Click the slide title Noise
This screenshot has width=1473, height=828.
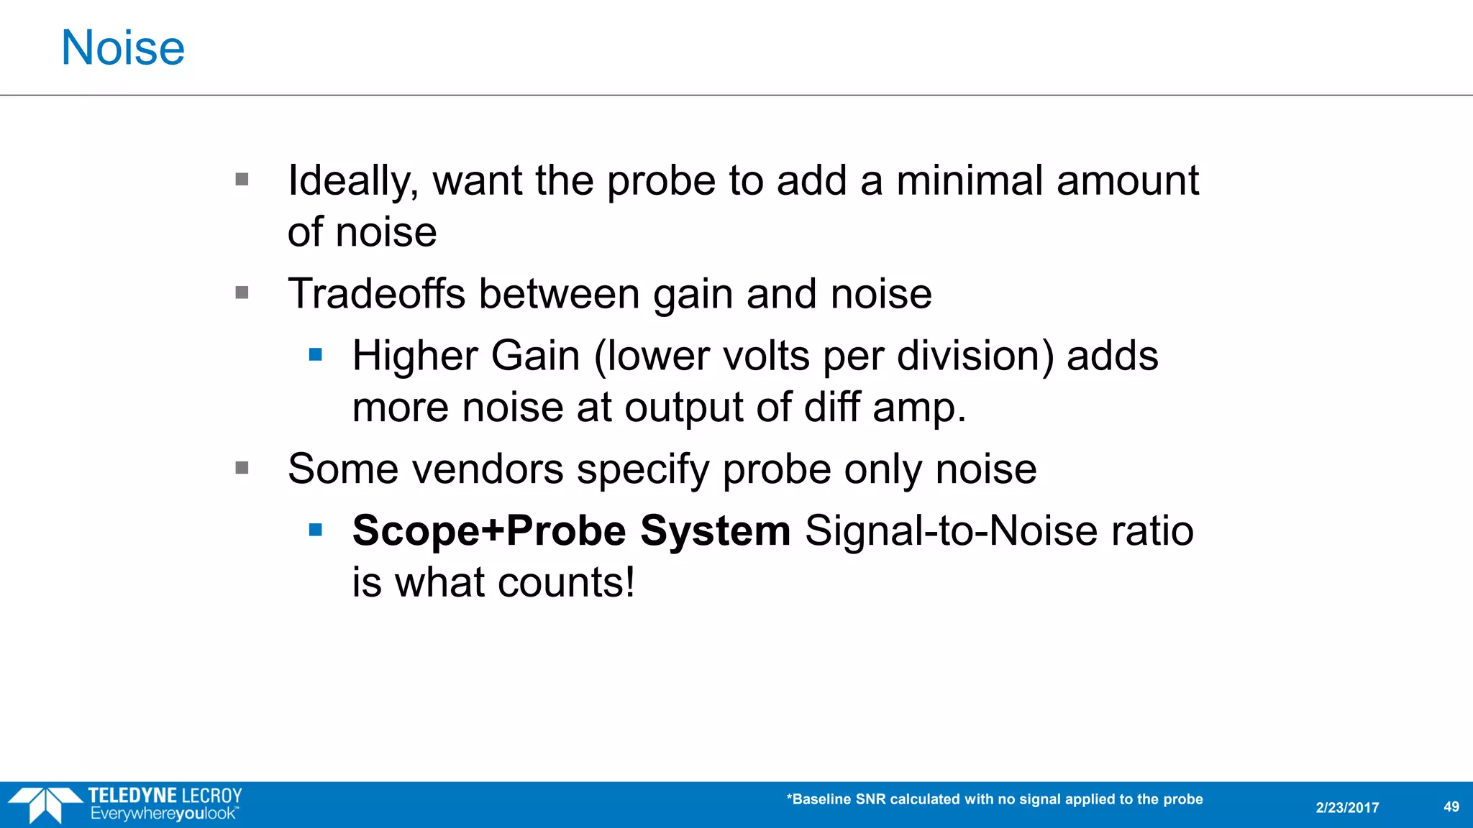coord(123,48)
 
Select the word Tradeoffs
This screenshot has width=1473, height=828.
coord(376,294)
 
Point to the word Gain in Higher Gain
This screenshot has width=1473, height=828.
coord(535,356)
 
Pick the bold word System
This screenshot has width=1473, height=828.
coord(715,531)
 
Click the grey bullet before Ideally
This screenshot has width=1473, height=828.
coord(242,179)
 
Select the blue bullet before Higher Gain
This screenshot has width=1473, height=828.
coord(315,354)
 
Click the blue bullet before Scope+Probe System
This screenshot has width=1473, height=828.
coord(315,530)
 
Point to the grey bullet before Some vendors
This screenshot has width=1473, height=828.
coord(242,468)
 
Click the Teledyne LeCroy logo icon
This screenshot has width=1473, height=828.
coord(45,804)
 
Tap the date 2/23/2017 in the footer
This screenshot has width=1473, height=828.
coord(1347,808)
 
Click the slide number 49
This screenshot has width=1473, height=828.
coord(1451,806)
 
